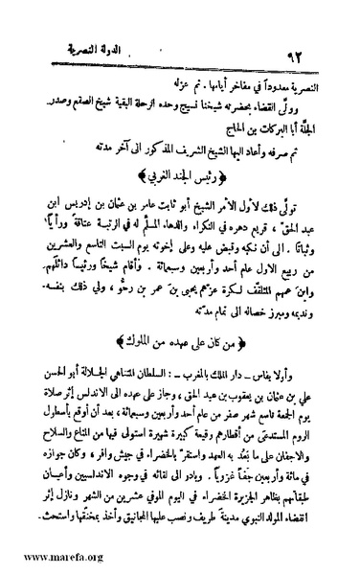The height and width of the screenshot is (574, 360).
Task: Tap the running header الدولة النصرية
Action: tap(88, 44)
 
